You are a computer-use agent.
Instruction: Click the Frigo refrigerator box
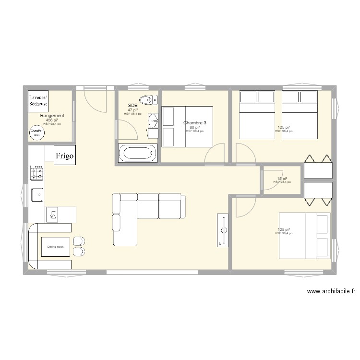pyautogui.click(x=64, y=156)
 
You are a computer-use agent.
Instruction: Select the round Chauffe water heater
pyautogui.click(x=36, y=132)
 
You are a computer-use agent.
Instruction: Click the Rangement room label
pyautogui.click(x=52, y=116)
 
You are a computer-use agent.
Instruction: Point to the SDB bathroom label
pyautogui.click(x=132, y=105)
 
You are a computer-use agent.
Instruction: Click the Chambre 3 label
pyautogui.click(x=194, y=123)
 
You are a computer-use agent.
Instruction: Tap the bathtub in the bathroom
pyautogui.click(x=138, y=154)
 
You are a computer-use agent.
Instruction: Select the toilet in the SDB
pyautogui.click(x=151, y=100)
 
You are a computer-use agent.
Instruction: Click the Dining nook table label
pyautogui.click(x=55, y=247)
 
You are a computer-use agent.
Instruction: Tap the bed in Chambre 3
pyautogui.click(x=187, y=127)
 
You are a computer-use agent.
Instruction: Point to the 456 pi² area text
pyautogui.click(x=52, y=120)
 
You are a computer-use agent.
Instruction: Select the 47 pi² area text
pyautogui.click(x=132, y=110)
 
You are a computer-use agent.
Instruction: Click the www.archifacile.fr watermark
pyautogui.click(x=331, y=291)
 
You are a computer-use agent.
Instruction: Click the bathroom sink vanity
pyautogui.click(x=153, y=120)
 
